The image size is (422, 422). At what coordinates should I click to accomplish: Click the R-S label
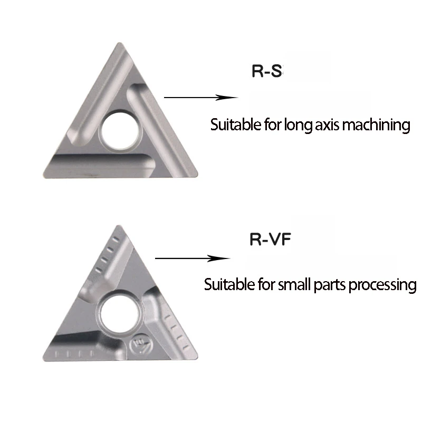pos(267,72)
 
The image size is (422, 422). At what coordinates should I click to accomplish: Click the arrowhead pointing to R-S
pos(229,98)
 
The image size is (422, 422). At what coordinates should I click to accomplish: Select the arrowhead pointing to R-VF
pos(224,258)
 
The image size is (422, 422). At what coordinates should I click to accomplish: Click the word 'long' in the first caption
pos(297,126)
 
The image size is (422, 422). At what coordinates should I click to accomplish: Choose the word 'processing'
pos(382,285)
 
